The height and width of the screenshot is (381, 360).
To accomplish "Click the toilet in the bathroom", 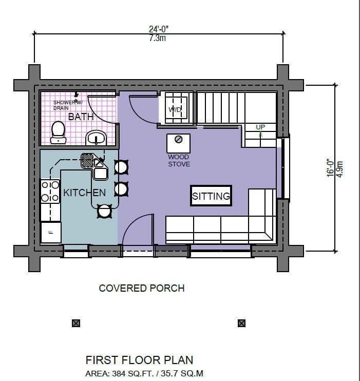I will pos(58,132).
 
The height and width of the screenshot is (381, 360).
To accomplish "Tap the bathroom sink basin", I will pos(96,137).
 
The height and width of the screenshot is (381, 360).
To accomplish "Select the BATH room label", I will pos(81,117).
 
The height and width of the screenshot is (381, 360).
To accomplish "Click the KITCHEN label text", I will pos(84,193).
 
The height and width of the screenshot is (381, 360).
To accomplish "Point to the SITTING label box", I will pos(211,196).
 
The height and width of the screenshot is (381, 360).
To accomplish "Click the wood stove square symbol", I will pos(179,142).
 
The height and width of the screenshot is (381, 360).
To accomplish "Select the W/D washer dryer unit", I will pos(176,108).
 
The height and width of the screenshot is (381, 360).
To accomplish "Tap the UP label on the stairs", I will pos(260,127).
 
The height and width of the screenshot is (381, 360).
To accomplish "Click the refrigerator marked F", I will pos(51,232).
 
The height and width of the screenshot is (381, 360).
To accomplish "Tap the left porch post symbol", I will pos(76,323).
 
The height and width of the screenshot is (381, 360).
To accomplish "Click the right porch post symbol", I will pos(241,323).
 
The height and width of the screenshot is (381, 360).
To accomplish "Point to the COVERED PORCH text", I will pos(141,288).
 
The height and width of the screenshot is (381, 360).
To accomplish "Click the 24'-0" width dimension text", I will pos(158,30).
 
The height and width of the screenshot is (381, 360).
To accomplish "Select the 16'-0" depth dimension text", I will pos(331,168).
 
